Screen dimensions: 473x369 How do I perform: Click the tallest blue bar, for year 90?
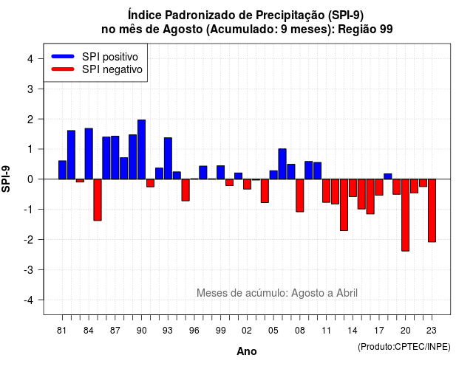tap(141, 149)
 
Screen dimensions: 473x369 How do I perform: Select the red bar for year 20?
tap(406, 215)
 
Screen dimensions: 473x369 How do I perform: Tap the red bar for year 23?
tap(432, 210)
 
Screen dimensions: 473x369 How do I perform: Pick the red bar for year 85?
tap(98, 200)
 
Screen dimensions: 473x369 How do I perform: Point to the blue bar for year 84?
tap(89, 154)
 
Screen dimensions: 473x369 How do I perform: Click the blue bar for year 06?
tap(282, 164)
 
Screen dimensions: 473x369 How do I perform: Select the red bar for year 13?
tap(344, 205)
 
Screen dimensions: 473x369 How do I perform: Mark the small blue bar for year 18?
tap(387, 176)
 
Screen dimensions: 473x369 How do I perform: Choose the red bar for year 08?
tap(300, 196)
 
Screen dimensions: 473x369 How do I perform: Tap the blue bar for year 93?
tap(168, 159)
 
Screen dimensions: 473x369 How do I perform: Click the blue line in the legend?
tap(63, 56)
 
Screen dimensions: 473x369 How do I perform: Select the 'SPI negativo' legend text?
tap(112, 69)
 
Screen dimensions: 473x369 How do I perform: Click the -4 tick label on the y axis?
tap(29, 300)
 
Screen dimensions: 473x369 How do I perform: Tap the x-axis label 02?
tap(246, 331)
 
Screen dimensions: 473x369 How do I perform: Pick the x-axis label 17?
tap(379, 331)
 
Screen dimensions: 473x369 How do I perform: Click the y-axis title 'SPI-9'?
tap(6, 179)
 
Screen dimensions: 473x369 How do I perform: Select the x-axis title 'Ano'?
tap(247, 351)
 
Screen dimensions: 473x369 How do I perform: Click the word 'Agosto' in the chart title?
tap(183, 30)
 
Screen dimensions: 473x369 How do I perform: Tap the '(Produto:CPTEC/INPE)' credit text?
tap(404, 347)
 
